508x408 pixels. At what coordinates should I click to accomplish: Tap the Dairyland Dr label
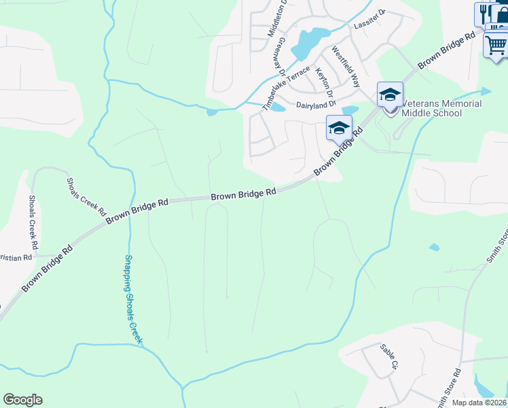pyautogui.click(x=316, y=104)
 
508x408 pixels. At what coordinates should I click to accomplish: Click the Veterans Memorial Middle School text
pyautogui.click(x=442, y=108)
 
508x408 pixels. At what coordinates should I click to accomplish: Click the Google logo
pyautogui.click(x=22, y=400)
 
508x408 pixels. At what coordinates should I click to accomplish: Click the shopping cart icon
pyautogui.click(x=496, y=45)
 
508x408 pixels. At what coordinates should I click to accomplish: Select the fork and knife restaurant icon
pyautogui.click(x=483, y=12)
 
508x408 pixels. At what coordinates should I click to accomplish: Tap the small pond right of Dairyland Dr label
pyautogui.click(x=350, y=110)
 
